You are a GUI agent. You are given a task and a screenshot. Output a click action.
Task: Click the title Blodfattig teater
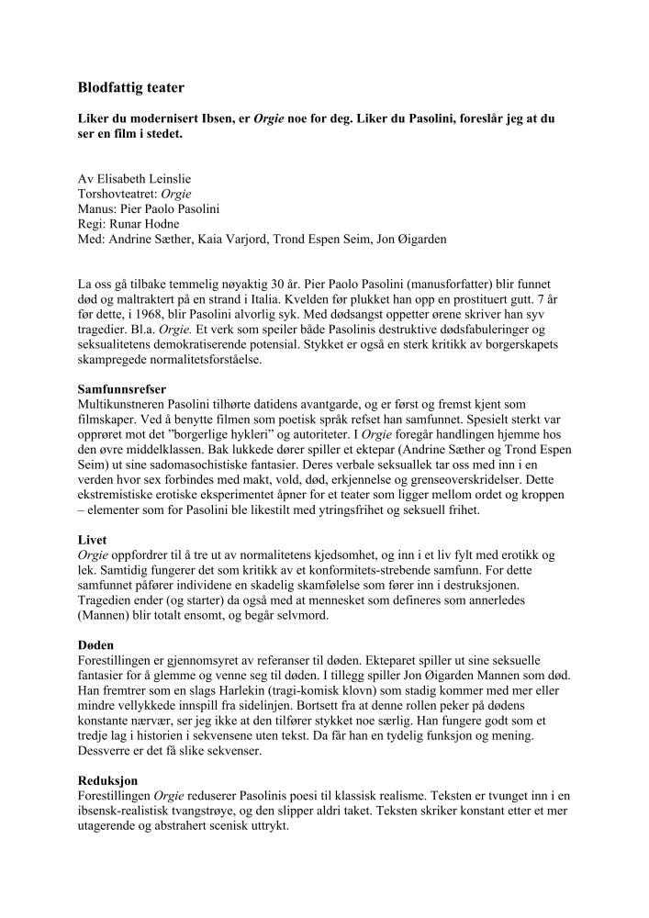pyautogui.click(x=131, y=88)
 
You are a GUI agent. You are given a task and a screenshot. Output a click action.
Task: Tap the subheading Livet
pyautogui.click(x=93, y=540)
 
